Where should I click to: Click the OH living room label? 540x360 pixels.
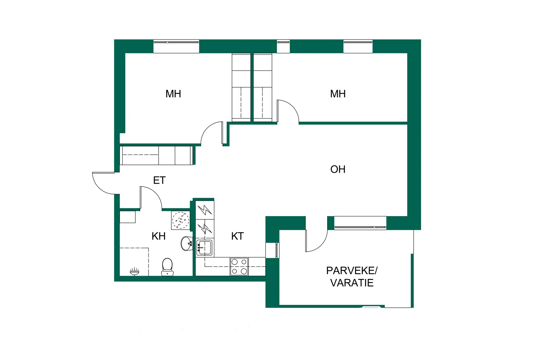pos(338,169)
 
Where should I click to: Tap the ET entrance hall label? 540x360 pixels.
pos(159,180)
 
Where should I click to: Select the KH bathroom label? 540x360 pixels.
pos(158,236)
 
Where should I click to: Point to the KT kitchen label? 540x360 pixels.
pos(237,236)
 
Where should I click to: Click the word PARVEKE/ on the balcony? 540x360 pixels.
pos(352,271)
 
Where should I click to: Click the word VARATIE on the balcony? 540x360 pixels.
pos(352,283)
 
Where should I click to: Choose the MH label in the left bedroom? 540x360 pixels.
pos(173,94)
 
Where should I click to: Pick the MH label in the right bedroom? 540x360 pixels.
pos(338,94)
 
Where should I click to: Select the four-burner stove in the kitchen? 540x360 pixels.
pos(239,266)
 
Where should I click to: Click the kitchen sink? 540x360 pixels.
pos(204,248)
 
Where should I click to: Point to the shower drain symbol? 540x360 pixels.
pos(134,272)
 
